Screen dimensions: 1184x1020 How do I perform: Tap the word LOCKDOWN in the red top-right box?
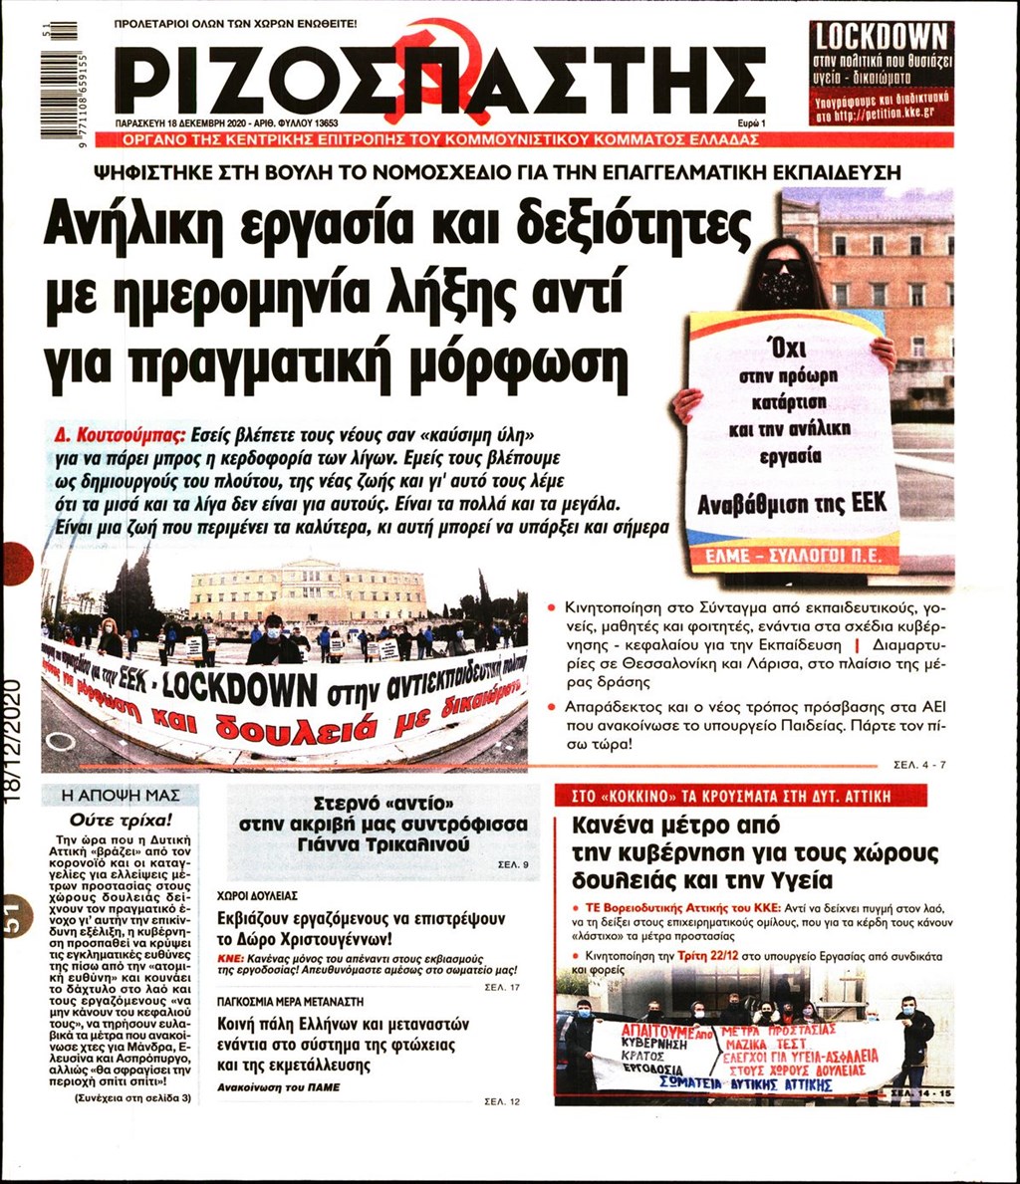pos(881,38)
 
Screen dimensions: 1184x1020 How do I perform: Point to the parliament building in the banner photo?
pos(308,594)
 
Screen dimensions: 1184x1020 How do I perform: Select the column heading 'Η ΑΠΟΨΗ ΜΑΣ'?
pos(121,796)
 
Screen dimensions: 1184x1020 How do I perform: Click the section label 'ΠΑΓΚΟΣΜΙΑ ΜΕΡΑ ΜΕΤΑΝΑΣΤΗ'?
pos(291,1001)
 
